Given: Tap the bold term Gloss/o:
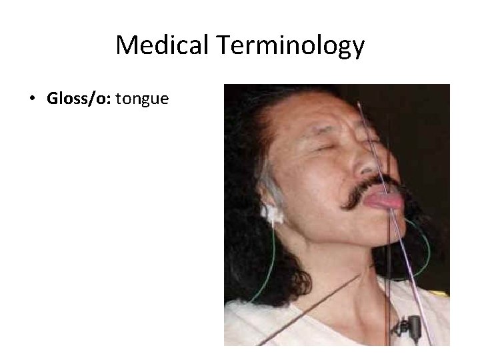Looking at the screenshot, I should pos(79,99).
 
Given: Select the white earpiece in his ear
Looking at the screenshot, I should pos(271,213).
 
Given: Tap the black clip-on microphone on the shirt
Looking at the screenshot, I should pos(413,326).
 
